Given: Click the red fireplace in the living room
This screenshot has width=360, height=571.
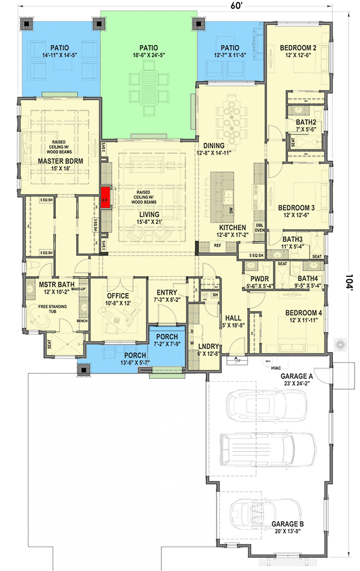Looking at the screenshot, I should click(106, 195).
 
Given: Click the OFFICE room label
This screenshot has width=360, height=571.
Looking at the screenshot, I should click(118, 296).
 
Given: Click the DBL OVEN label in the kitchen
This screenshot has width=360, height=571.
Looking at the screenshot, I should click(260, 226).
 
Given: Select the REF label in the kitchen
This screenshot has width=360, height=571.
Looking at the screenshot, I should click(217, 245).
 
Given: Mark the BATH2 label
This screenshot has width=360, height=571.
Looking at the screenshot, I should click(306, 122).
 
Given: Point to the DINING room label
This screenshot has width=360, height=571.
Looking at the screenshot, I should click(214, 146).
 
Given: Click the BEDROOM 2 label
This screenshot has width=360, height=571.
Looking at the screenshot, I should click(298, 48).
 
